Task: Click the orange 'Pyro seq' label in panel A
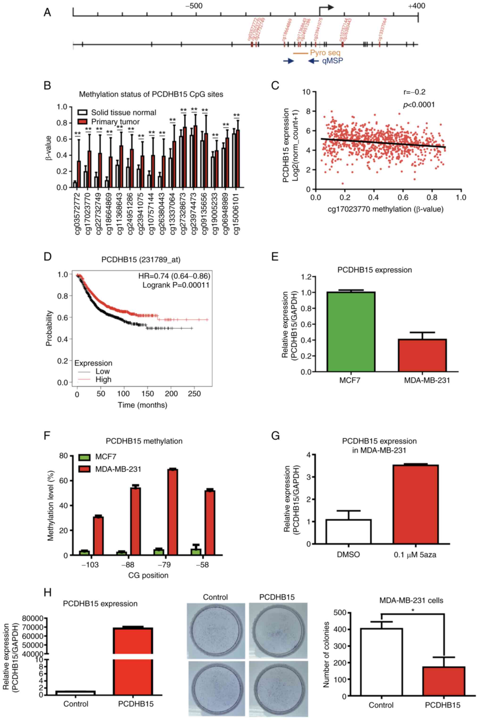click(x=325, y=53)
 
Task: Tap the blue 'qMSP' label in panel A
click(x=332, y=61)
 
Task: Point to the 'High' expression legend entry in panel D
click(x=103, y=379)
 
